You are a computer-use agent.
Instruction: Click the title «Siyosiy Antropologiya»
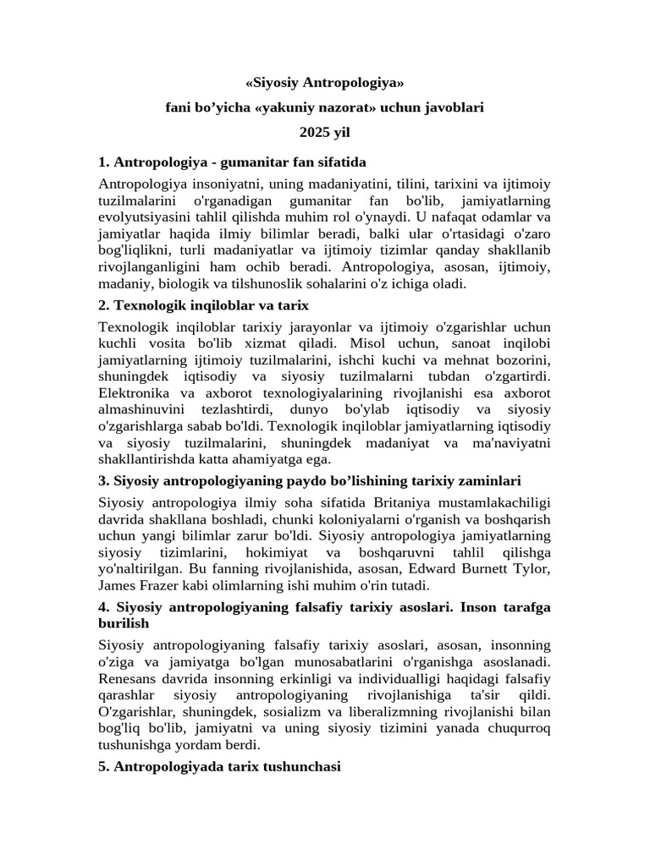click(x=324, y=84)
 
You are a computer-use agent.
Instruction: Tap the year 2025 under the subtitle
click(x=312, y=133)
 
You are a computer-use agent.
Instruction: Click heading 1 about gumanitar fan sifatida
click(x=232, y=162)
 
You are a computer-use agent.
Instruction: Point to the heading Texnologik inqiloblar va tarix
click(x=204, y=304)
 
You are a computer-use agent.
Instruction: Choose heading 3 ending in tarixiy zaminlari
click(x=310, y=481)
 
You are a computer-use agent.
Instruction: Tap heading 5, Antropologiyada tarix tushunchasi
click(x=219, y=767)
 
